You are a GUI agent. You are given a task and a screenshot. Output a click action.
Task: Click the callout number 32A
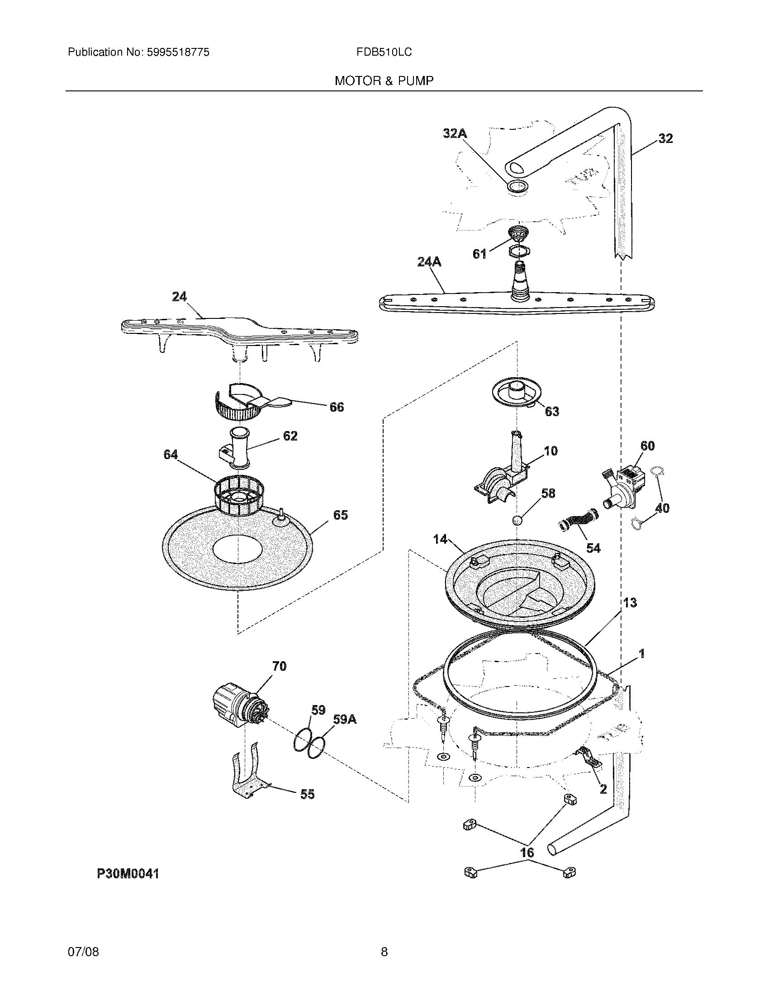click(455, 133)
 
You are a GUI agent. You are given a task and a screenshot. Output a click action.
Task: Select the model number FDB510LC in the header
click(384, 52)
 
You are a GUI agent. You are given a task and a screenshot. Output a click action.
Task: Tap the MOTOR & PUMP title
click(384, 81)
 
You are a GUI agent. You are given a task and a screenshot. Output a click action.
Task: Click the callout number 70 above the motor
click(279, 666)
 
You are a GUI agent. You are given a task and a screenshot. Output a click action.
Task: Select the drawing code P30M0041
click(128, 873)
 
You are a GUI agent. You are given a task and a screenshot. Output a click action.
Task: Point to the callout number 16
click(527, 853)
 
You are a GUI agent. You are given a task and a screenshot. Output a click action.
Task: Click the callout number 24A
click(429, 262)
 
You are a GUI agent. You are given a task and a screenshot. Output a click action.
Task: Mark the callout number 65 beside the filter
click(340, 515)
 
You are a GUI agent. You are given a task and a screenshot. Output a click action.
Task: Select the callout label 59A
click(345, 720)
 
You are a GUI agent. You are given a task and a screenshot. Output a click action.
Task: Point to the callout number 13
click(630, 603)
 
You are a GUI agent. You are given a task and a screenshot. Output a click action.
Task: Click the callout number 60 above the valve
click(647, 445)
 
